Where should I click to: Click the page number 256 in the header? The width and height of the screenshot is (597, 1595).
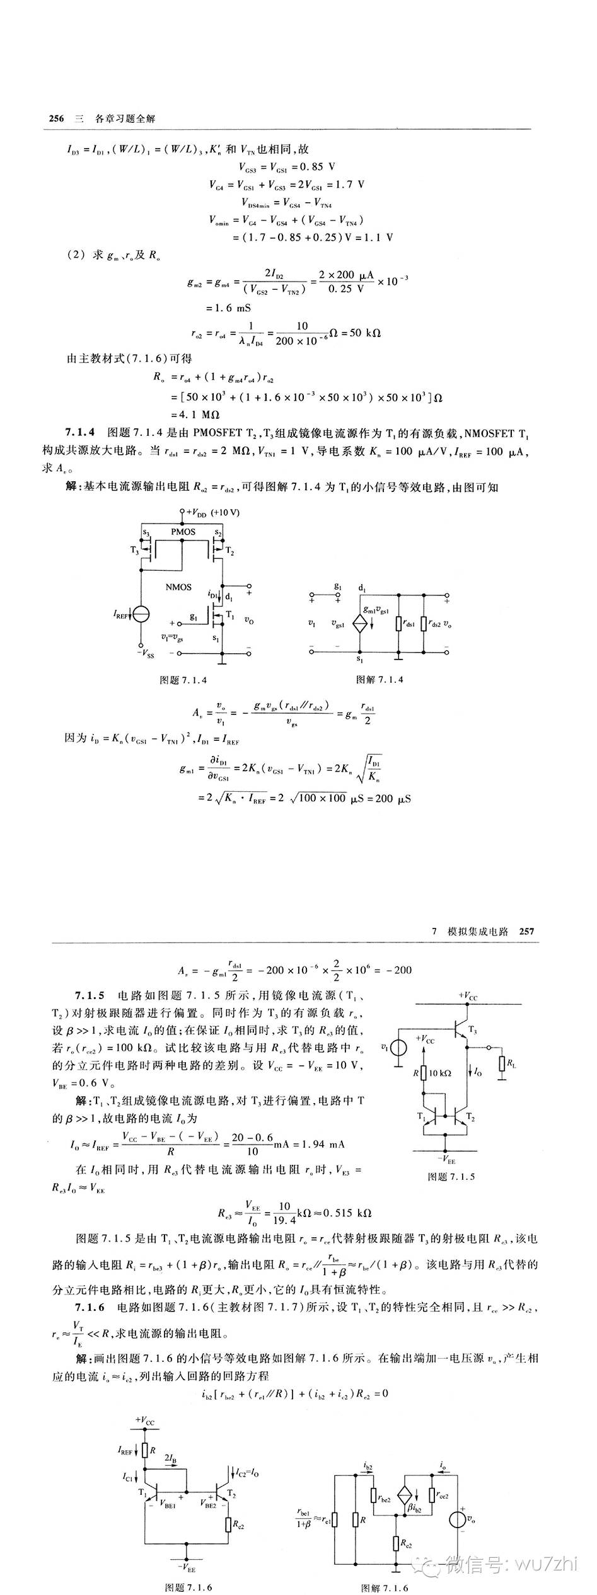click(56, 119)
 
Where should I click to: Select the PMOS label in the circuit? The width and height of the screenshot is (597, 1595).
click(183, 532)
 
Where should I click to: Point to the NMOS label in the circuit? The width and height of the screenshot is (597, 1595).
click(178, 586)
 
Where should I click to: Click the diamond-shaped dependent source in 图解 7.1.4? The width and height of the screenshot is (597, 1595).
click(360, 623)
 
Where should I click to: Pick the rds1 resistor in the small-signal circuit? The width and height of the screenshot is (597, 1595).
click(399, 623)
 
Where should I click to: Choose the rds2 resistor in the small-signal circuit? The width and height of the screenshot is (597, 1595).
click(424, 623)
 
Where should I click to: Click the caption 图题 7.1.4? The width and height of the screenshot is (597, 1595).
click(183, 680)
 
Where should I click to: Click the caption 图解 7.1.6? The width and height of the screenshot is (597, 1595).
click(385, 1588)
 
